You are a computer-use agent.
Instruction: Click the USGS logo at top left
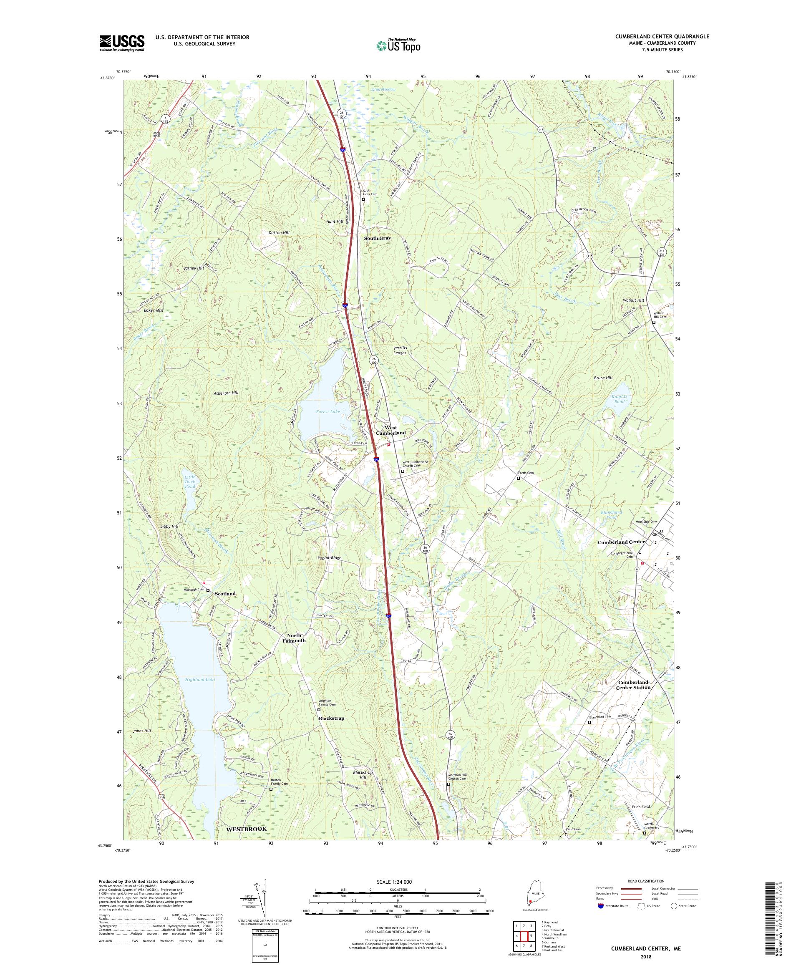click(x=122, y=43)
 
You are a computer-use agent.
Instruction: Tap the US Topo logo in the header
click(x=398, y=45)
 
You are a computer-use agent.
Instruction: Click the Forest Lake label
click(x=329, y=411)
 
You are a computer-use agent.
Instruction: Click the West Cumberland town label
click(x=391, y=430)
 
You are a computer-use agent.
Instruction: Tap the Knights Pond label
click(x=620, y=399)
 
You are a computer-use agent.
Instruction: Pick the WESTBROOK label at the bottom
click(x=246, y=828)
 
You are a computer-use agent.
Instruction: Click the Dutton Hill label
click(x=279, y=233)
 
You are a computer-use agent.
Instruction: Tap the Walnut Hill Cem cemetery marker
click(x=653, y=323)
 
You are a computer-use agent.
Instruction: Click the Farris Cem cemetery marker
click(x=518, y=479)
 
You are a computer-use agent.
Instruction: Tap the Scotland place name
click(x=225, y=594)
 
